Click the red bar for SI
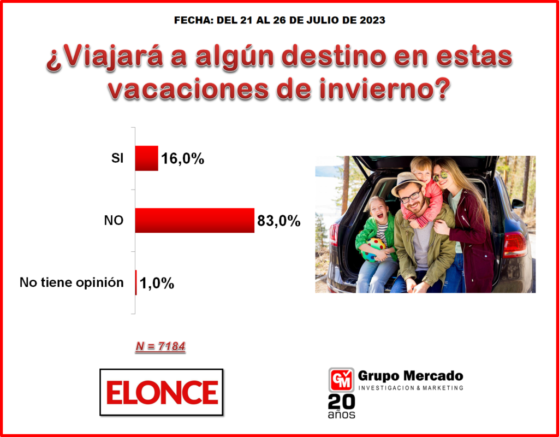pyautogui.click(x=146, y=158)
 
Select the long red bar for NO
pyautogui.click(x=195, y=220)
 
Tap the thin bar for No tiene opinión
pyautogui.click(x=136, y=282)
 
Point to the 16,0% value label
pyautogui.click(x=182, y=159)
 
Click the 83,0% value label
pyautogui.click(x=279, y=221)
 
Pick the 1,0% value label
pyautogui.click(x=157, y=284)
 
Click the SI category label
pyautogui.click(x=117, y=158)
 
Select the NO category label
pyautogui.click(x=114, y=221)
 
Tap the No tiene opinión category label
pyautogui.click(x=72, y=282)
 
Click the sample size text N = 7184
pyautogui.click(x=160, y=346)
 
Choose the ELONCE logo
pyautogui.click(x=162, y=392)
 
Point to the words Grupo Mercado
pyautogui.click(x=411, y=376)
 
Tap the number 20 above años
pyautogui.click(x=342, y=402)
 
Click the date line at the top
pyautogui.click(x=279, y=20)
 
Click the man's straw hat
pyautogui.click(x=406, y=182)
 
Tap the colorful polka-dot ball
pyautogui.click(x=373, y=249)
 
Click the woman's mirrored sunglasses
pyautogui.click(x=441, y=176)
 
